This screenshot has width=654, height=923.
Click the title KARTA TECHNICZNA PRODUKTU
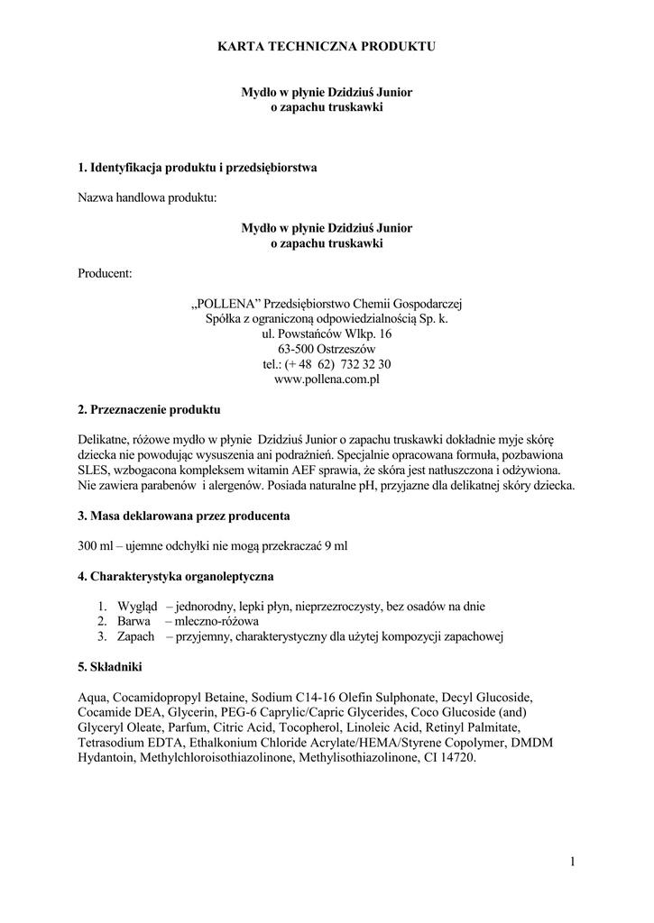click(327, 45)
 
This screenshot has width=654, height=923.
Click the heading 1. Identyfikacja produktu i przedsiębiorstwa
click(198, 168)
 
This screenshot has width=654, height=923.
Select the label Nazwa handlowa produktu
click(148, 197)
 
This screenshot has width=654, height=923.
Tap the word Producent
click(106, 272)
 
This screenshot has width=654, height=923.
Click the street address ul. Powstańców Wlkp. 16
click(327, 334)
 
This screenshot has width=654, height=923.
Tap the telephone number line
click(327, 364)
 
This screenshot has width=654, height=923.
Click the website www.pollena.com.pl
click(327, 379)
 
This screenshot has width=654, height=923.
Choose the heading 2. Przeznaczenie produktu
click(150, 409)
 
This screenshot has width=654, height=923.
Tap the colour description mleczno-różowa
click(216, 621)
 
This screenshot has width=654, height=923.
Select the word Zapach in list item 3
click(136, 636)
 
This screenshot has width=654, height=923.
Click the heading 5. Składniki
click(110, 667)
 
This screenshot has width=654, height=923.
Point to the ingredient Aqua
click(94, 697)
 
